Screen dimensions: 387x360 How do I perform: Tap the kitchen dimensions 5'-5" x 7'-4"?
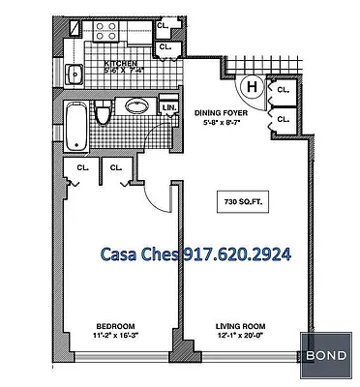point(123,70)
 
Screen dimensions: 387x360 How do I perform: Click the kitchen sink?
point(75,74)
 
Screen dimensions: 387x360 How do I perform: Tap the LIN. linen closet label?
point(168,108)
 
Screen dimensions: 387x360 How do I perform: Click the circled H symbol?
point(253,88)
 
